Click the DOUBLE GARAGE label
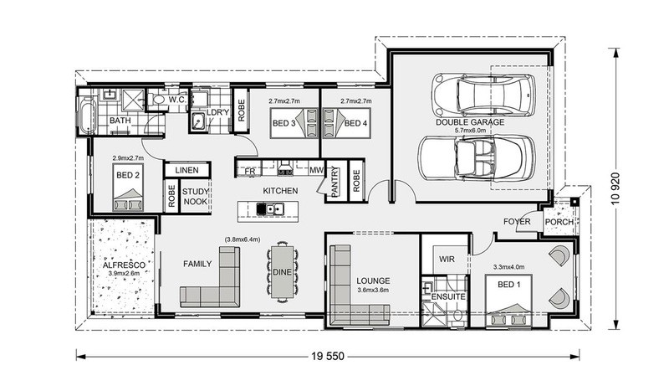pos(470,122)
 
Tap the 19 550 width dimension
pos(328,356)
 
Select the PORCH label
pos(559,222)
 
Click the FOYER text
pos(517,222)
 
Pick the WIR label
pos(447,260)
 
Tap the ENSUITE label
pos(448,296)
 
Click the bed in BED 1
pos(508,301)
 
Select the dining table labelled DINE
pos(283,271)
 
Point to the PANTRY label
pos(334,183)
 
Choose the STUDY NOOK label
pos(196,197)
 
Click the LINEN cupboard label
pos(186,170)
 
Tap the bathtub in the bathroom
pos(87,116)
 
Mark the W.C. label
pos(176,100)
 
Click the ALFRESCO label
pos(124,265)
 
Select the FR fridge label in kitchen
pos(250,171)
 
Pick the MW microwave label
pos(317,170)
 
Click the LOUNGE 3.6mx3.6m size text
pos(373,290)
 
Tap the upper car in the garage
pos(483,95)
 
